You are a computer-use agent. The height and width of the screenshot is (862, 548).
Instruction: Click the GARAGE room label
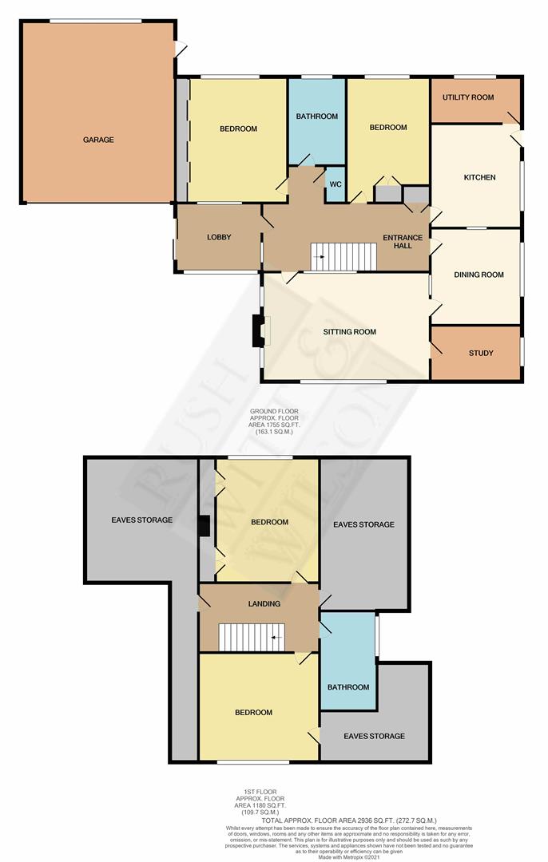pos(98,140)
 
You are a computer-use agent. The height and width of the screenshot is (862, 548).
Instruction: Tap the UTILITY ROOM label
pos(468,97)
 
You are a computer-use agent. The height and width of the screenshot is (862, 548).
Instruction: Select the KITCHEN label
pos(479,177)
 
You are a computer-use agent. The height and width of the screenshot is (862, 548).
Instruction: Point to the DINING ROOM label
pos(479,275)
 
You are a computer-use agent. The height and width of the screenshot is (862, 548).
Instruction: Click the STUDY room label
pos(481,353)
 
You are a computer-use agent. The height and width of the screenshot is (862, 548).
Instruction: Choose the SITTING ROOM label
pos(349,331)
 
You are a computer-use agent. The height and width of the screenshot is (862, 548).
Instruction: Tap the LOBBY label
pos(219,237)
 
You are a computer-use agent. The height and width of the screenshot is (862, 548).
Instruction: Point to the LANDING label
pos(264,604)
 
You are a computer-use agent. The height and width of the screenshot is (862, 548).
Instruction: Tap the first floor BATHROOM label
pos(348,687)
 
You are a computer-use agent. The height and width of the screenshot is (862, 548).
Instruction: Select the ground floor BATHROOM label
pos(316,117)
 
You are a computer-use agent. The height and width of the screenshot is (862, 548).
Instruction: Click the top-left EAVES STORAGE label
pos(142,520)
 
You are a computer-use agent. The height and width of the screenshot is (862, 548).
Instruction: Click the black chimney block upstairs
pos(205,526)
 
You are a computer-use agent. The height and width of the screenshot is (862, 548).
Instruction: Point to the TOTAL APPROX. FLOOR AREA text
pos(332,820)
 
